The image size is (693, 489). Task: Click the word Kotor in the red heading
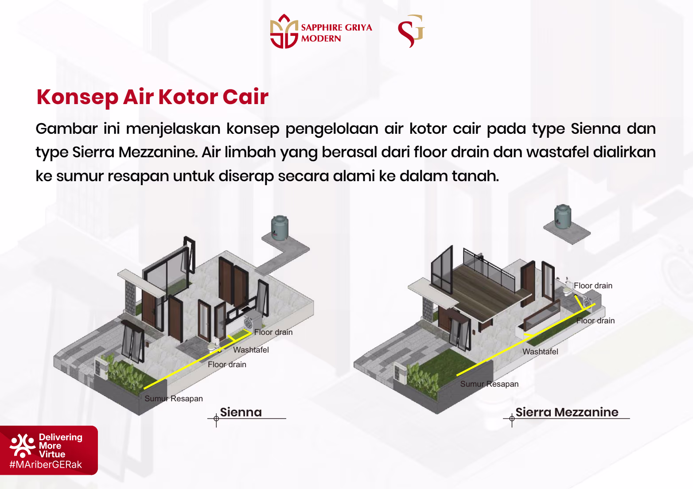188,97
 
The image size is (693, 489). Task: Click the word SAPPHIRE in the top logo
321,27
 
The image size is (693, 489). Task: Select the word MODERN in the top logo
321,39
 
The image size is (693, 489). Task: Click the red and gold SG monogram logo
411,31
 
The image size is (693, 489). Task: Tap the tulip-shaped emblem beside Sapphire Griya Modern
284,31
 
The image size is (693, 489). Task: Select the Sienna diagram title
241,412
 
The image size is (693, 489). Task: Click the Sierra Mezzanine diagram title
567,412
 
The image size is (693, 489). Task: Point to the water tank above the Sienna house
280,228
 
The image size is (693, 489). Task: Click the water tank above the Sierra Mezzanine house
563,217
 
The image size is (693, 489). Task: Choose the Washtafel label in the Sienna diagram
251,350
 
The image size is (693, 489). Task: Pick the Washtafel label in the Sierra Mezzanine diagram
540,352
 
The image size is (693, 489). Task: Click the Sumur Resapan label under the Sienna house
174,399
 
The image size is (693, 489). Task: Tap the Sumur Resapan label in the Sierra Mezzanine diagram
489,384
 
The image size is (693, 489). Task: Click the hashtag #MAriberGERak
46,465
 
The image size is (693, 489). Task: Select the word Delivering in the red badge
61,437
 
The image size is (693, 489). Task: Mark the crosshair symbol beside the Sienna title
216,419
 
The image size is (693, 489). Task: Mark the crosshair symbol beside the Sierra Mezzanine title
512,419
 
